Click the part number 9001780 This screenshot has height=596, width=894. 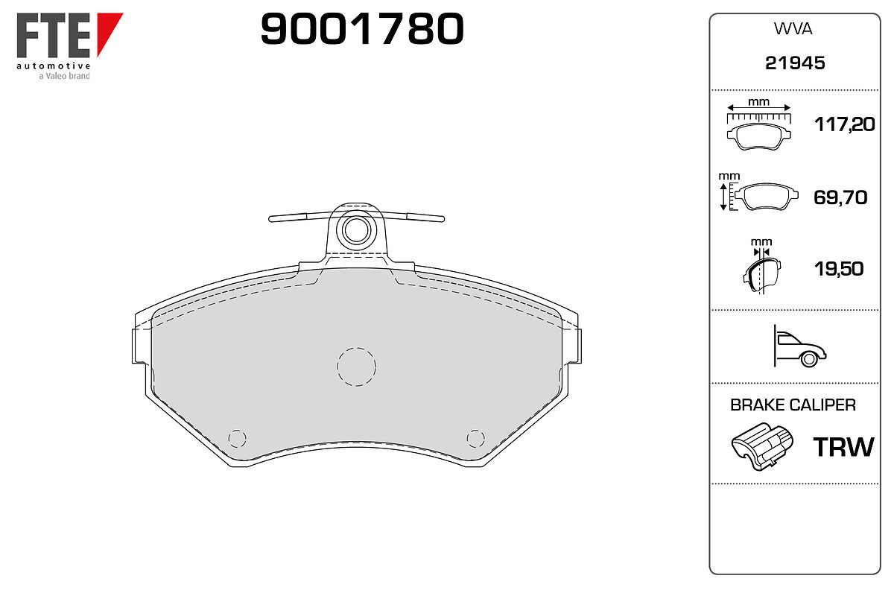(362, 28)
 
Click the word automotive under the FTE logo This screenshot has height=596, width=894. (54, 66)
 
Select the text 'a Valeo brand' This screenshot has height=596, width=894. (64, 76)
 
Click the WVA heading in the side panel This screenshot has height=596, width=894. (793, 29)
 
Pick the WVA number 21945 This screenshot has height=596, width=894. (795, 63)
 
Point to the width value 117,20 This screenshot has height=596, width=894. (844, 124)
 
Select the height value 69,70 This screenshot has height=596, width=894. (840, 197)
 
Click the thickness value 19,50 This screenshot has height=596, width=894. (839, 269)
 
